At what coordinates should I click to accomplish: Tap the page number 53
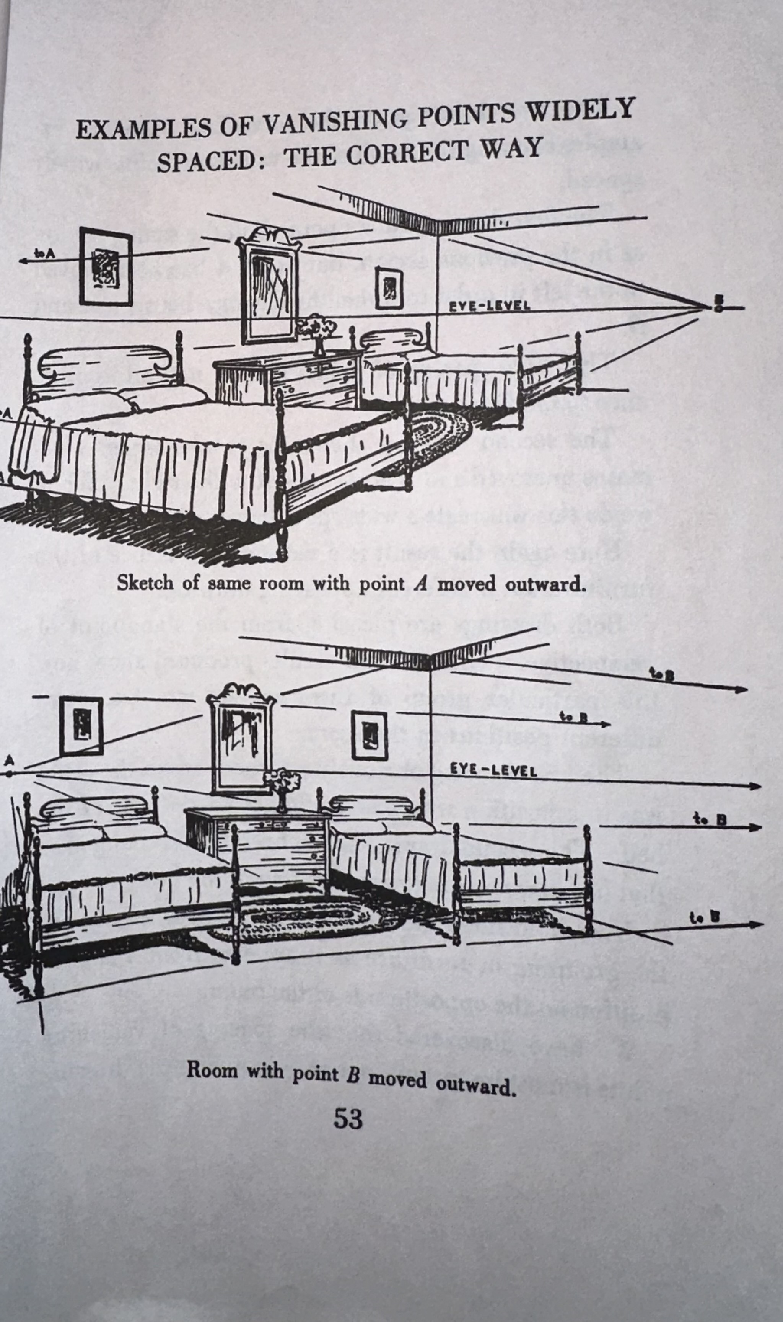(348, 1119)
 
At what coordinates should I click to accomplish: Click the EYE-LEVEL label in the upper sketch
(489, 306)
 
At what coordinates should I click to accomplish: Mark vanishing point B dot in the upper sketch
(718, 307)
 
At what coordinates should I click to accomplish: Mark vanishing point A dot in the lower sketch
(9, 774)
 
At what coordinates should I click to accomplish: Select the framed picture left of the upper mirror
(106, 267)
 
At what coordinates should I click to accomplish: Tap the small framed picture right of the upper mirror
(389, 288)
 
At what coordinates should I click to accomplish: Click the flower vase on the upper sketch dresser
(317, 334)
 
